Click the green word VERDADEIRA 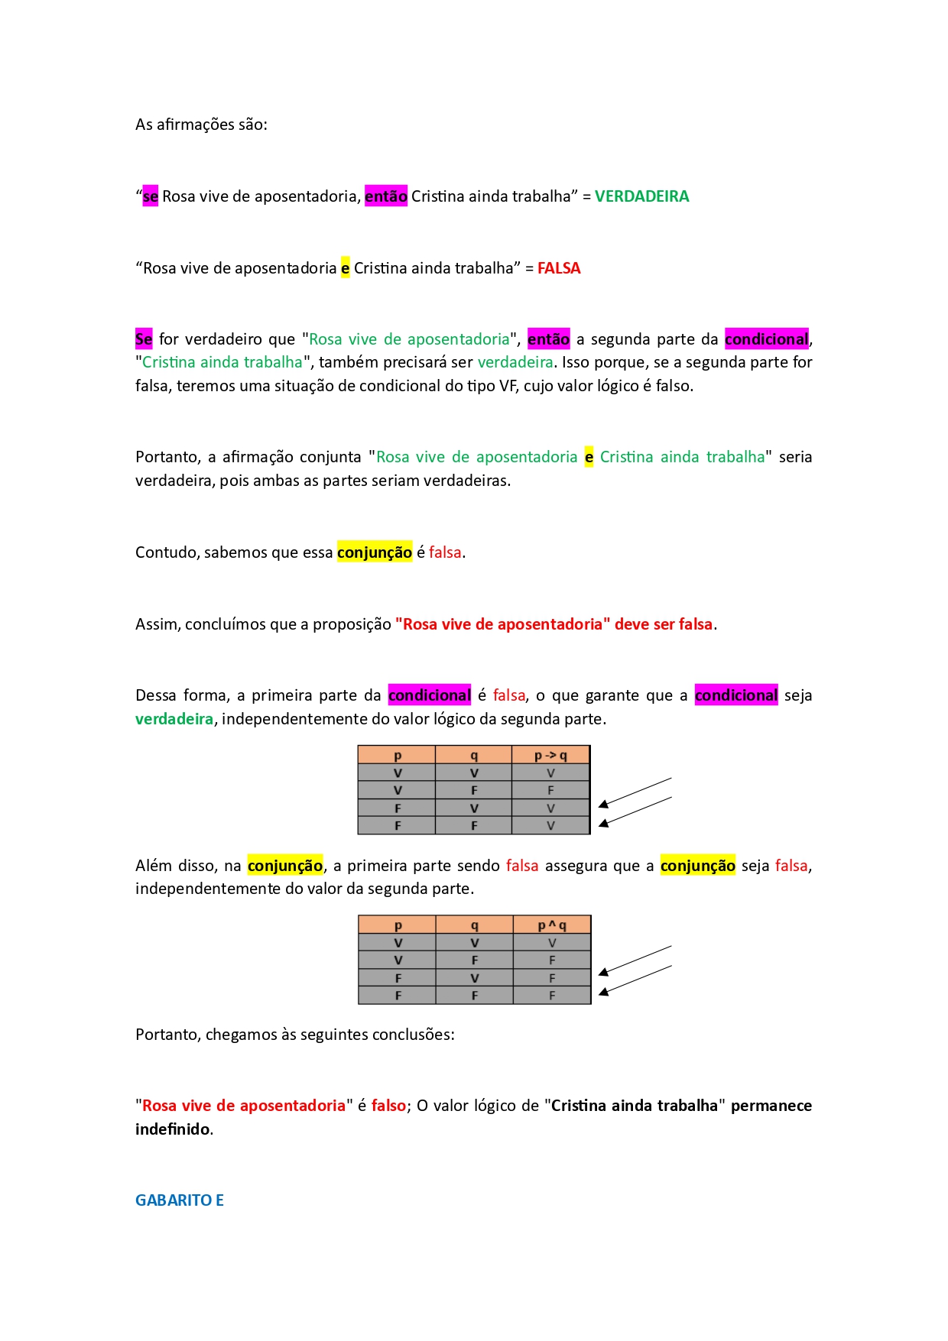(x=641, y=196)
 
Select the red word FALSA (x=559, y=268)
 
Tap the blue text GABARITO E (x=180, y=1200)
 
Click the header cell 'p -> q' (x=550, y=756)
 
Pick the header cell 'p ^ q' (x=552, y=925)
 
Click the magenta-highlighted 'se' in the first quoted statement (x=150, y=196)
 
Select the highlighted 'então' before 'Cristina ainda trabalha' (x=386, y=196)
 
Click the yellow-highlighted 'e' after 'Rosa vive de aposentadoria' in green (x=589, y=457)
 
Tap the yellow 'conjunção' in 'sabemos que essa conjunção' (x=375, y=552)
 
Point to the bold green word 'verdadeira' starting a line (x=174, y=719)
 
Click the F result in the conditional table (x=550, y=791)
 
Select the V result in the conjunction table (x=552, y=943)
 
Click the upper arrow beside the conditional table (x=635, y=792)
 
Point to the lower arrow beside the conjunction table (x=635, y=980)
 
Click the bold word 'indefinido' (x=173, y=1129)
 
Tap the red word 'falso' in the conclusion (x=388, y=1106)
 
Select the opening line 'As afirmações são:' (x=202, y=125)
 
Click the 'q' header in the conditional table (x=474, y=756)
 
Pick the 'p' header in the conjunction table (x=398, y=925)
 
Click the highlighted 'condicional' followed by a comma (x=766, y=339)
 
